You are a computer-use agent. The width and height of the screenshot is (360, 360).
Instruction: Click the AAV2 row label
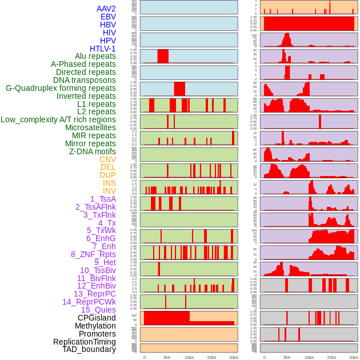[x=106, y=9]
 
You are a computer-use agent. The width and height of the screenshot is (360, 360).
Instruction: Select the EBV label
[x=108, y=17]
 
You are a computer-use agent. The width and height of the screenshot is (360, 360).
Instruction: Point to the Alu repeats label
[x=95, y=56]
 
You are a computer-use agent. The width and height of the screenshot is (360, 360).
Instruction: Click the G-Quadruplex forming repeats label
[x=61, y=88]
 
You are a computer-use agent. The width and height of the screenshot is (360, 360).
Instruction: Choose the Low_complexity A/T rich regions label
[x=58, y=119]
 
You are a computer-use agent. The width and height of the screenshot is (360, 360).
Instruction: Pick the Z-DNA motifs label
[x=92, y=151]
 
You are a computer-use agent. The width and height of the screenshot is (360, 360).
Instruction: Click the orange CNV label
[x=107, y=159]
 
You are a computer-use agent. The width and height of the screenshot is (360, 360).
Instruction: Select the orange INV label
[x=109, y=191]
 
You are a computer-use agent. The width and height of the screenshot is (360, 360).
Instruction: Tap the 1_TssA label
[x=103, y=199]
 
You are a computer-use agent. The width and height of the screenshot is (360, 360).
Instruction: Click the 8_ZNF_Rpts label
[x=93, y=254]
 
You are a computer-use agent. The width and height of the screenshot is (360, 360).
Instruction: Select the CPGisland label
[x=97, y=318]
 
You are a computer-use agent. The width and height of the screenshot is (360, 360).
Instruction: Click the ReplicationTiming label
[x=84, y=342]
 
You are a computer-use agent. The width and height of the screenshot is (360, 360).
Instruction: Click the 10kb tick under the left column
[x=189, y=357]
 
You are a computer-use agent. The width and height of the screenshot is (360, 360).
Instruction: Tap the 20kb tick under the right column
[x=354, y=357]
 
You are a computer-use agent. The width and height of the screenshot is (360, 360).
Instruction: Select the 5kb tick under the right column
[x=286, y=357]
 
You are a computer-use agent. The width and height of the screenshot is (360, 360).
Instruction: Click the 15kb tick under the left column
[x=211, y=357]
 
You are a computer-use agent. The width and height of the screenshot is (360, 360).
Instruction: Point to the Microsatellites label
[x=90, y=127]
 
